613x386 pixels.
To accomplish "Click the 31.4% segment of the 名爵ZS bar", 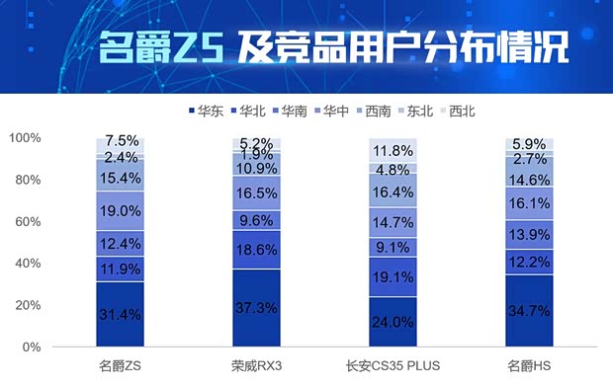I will click(120, 315).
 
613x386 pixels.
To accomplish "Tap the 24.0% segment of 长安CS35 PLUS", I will click(393, 322).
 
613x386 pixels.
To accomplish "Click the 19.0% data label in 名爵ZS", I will click(120, 211).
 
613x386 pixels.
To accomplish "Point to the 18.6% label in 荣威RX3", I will click(256, 250).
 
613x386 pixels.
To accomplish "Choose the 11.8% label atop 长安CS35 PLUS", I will click(393, 151).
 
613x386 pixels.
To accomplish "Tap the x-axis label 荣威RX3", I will click(256, 365).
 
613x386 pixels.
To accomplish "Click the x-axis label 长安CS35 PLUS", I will click(393, 365).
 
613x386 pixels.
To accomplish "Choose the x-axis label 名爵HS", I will click(529, 365).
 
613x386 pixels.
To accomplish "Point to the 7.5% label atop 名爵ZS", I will click(120, 142).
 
